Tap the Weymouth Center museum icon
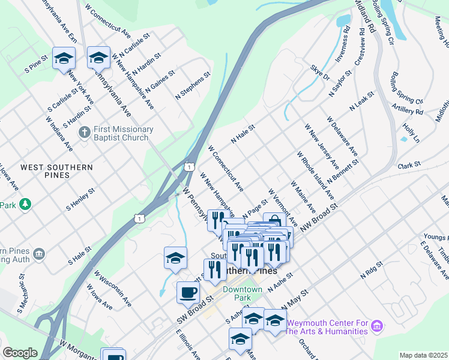pyautogui.click(x=377, y=326)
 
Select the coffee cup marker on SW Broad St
pyautogui.click(x=188, y=293)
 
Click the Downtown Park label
pyautogui.click(x=243, y=293)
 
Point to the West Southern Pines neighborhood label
pyautogui.click(x=56, y=171)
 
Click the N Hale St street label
pyautogui.click(x=244, y=134)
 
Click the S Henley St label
pyautogui.click(x=82, y=199)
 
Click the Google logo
pyautogui.click(x=20, y=353)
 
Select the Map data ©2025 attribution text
pyautogui.click(x=424, y=355)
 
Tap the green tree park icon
pyautogui.click(x=25, y=205)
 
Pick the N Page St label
pyautogui.click(x=255, y=209)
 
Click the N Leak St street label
pyautogui.click(x=363, y=101)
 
